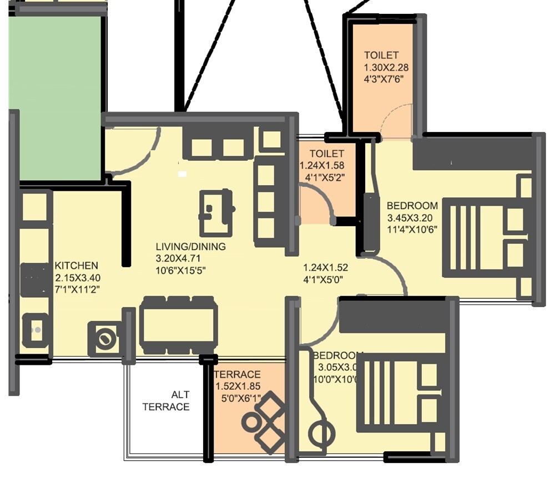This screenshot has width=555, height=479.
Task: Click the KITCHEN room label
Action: pyautogui.click(x=76, y=266)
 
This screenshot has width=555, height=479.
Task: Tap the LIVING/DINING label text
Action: pyautogui.click(x=190, y=247)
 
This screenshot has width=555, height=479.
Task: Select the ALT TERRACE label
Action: pyautogui.click(x=167, y=401)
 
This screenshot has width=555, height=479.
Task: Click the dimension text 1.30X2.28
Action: pyautogui.click(x=386, y=67)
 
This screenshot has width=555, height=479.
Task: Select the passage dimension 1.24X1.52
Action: pyautogui.click(x=326, y=267)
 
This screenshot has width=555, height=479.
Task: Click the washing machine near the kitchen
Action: pyautogui.click(x=104, y=338)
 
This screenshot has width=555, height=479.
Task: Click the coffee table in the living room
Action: pyautogui.click(x=214, y=212)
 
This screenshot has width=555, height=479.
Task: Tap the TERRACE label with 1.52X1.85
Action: pyautogui.click(x=238, y=374)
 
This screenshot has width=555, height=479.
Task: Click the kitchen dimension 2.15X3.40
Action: pyautogui.click(x=78, y=278)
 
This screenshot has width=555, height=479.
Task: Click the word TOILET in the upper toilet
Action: pyautogui.click(x=381, y=55)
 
